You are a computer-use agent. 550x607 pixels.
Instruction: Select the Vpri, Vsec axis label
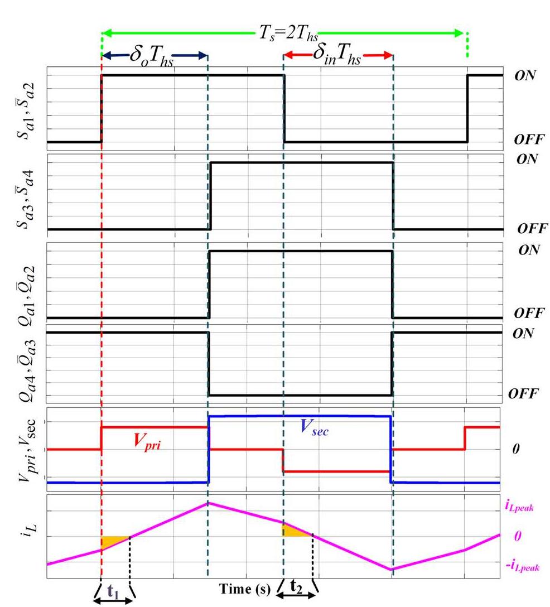[23, 450]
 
